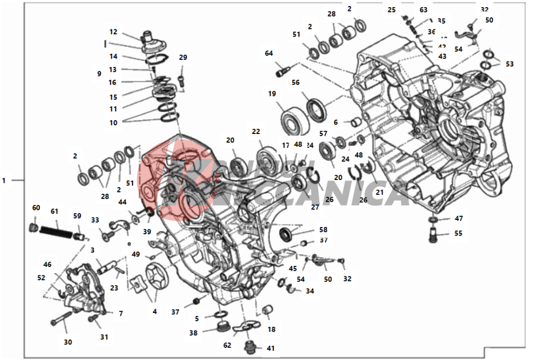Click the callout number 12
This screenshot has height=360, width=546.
[x=113, y=32]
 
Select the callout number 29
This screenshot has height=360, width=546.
[x=183, y=58]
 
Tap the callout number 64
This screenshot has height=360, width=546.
[x=269, y=54]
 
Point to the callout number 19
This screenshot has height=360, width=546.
[x=272, y=94]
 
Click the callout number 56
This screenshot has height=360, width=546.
[x=295, y=83]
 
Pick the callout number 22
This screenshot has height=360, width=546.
[x=256, y=132]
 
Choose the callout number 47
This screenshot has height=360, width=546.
[x=458, y=219]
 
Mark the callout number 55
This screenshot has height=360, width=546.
[x=458, y=234]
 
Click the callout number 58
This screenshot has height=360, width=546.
[x=323, y=230]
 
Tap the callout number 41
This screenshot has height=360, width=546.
[x=271, y=349]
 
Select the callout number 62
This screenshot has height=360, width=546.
[x=227, y=346]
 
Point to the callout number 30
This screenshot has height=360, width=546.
[x=68, y=342]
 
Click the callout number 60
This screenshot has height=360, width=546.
[x=36, y=208]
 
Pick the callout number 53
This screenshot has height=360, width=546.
[x=509, y=64]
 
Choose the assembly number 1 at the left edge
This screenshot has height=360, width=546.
[x=4, y=181]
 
